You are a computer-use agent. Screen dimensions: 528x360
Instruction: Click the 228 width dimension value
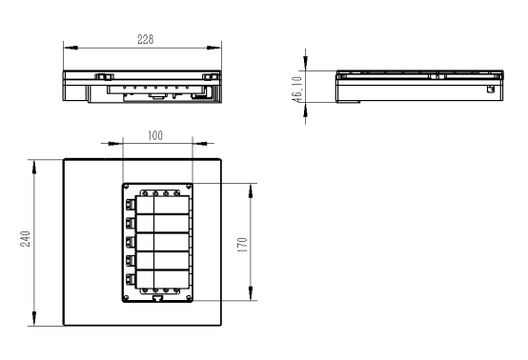(146, 39)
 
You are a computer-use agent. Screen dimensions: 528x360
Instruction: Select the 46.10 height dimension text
(297, 90)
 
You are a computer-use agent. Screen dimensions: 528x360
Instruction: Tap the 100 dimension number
(155, 135)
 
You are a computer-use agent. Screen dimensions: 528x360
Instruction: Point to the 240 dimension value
(25, 238)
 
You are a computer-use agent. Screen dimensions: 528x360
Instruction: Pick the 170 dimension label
(242, 245)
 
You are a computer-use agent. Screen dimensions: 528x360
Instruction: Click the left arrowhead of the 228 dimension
(71, 48)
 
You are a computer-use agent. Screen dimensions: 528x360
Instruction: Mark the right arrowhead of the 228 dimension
(213, 48)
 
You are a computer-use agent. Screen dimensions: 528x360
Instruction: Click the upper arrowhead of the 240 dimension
(34, 168)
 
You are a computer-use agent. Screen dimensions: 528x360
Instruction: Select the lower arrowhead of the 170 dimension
(251, 293)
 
